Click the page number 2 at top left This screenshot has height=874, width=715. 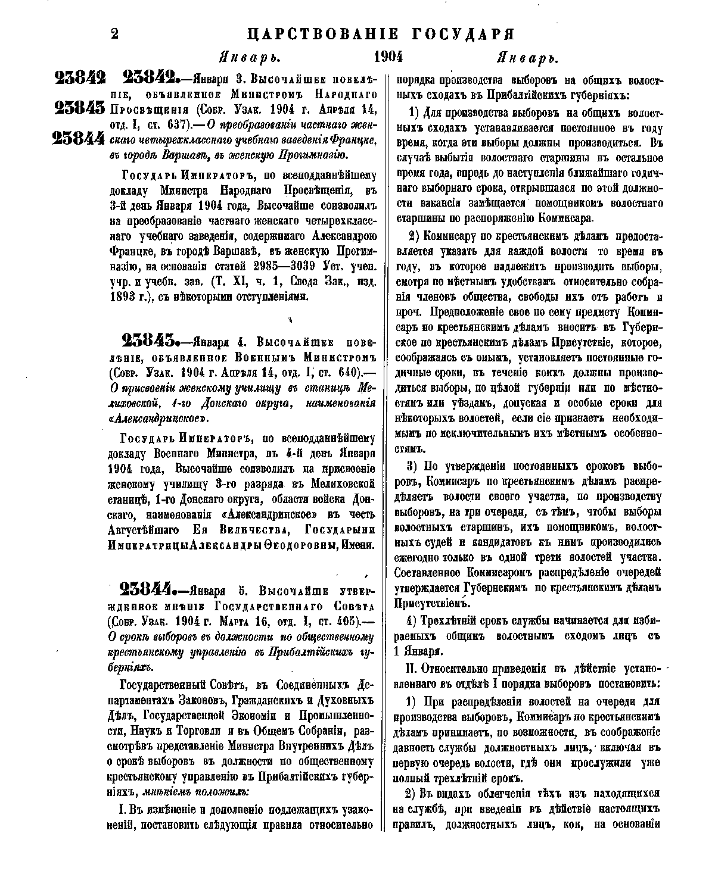tap(115, 34)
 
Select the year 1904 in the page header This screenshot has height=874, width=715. tap(388, 58)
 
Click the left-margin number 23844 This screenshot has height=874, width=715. tap(79, 139)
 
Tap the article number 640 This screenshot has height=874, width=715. tap(346, 373)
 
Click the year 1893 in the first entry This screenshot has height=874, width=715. tap(122, 296)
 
